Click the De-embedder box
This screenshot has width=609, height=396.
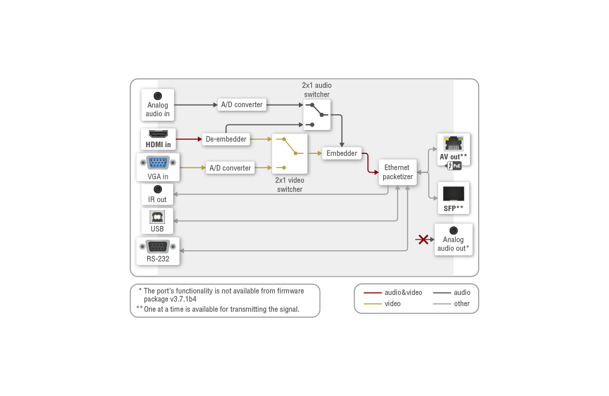coord(226,139)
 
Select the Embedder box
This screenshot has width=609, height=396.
coord(342,153)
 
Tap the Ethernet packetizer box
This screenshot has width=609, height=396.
coord(397,172)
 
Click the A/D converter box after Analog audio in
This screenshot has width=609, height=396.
coord(242,105)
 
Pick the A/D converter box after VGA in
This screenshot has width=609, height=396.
coord(230,168)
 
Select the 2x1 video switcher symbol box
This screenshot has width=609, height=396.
coord(290,153)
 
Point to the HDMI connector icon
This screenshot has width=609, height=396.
coord(158,134)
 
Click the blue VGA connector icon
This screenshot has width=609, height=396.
coord(158,162)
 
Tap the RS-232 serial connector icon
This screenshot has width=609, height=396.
coord(158,247)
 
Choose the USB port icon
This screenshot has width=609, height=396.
coord(157,217)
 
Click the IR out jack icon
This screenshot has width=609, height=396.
coord(157,189)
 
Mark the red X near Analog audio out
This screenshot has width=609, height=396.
coord(423,239)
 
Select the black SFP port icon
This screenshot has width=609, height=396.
coord(453,194)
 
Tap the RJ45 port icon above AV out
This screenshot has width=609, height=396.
coord(453,144)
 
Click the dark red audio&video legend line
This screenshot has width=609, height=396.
coord(373,293)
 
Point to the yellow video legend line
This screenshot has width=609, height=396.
coord(373,304)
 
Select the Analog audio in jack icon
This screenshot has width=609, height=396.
coord(158,95)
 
